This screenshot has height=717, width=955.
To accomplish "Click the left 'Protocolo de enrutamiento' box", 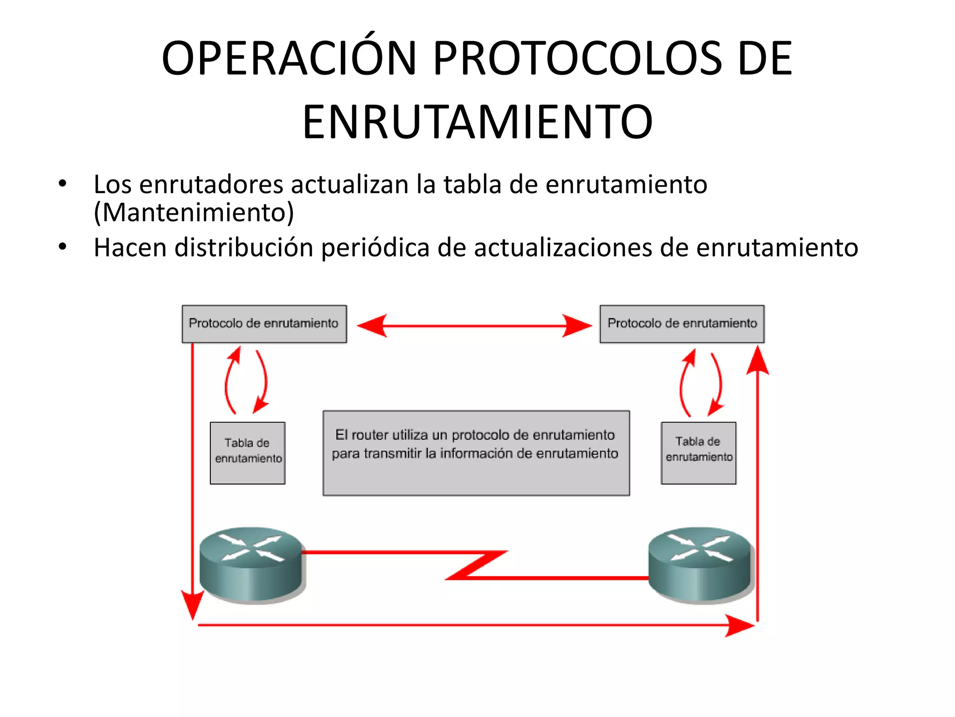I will tap(264, 324).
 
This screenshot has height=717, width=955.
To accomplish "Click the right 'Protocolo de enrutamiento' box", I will tap(682, 324).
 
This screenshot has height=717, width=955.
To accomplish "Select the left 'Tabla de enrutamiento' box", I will tap(248, 453).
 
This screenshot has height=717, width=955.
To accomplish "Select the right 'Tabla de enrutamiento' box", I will tap(699, 453).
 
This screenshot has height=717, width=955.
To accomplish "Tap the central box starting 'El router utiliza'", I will tap(476, 453).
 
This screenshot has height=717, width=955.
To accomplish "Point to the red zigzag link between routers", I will tap(476, 565).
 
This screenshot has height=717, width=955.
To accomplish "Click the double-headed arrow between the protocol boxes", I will tap(474, 325).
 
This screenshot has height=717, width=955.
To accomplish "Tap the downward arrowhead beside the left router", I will tap(192, 605).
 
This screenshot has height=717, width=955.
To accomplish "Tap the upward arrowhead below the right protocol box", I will tap(757, 362).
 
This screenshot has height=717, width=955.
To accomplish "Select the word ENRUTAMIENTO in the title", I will tap(477, 122).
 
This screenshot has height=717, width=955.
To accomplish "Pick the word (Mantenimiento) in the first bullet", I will tap(194, 212).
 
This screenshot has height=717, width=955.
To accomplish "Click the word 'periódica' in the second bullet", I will tap(375, 247).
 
